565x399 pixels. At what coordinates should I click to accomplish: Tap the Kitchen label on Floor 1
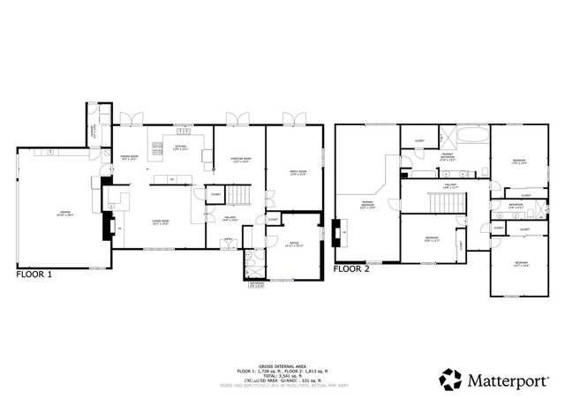[x=180, y=148]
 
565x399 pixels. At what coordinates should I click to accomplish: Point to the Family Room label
[x=298, y=173]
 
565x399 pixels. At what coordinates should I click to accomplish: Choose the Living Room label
[x=161, y=222]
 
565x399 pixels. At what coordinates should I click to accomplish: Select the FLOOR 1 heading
[x=34, y=275]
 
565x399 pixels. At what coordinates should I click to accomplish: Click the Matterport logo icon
[x=450, y=380]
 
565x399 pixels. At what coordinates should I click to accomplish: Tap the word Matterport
[x=511, y=380]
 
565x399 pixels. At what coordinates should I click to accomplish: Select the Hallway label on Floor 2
[x=450, y=185]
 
